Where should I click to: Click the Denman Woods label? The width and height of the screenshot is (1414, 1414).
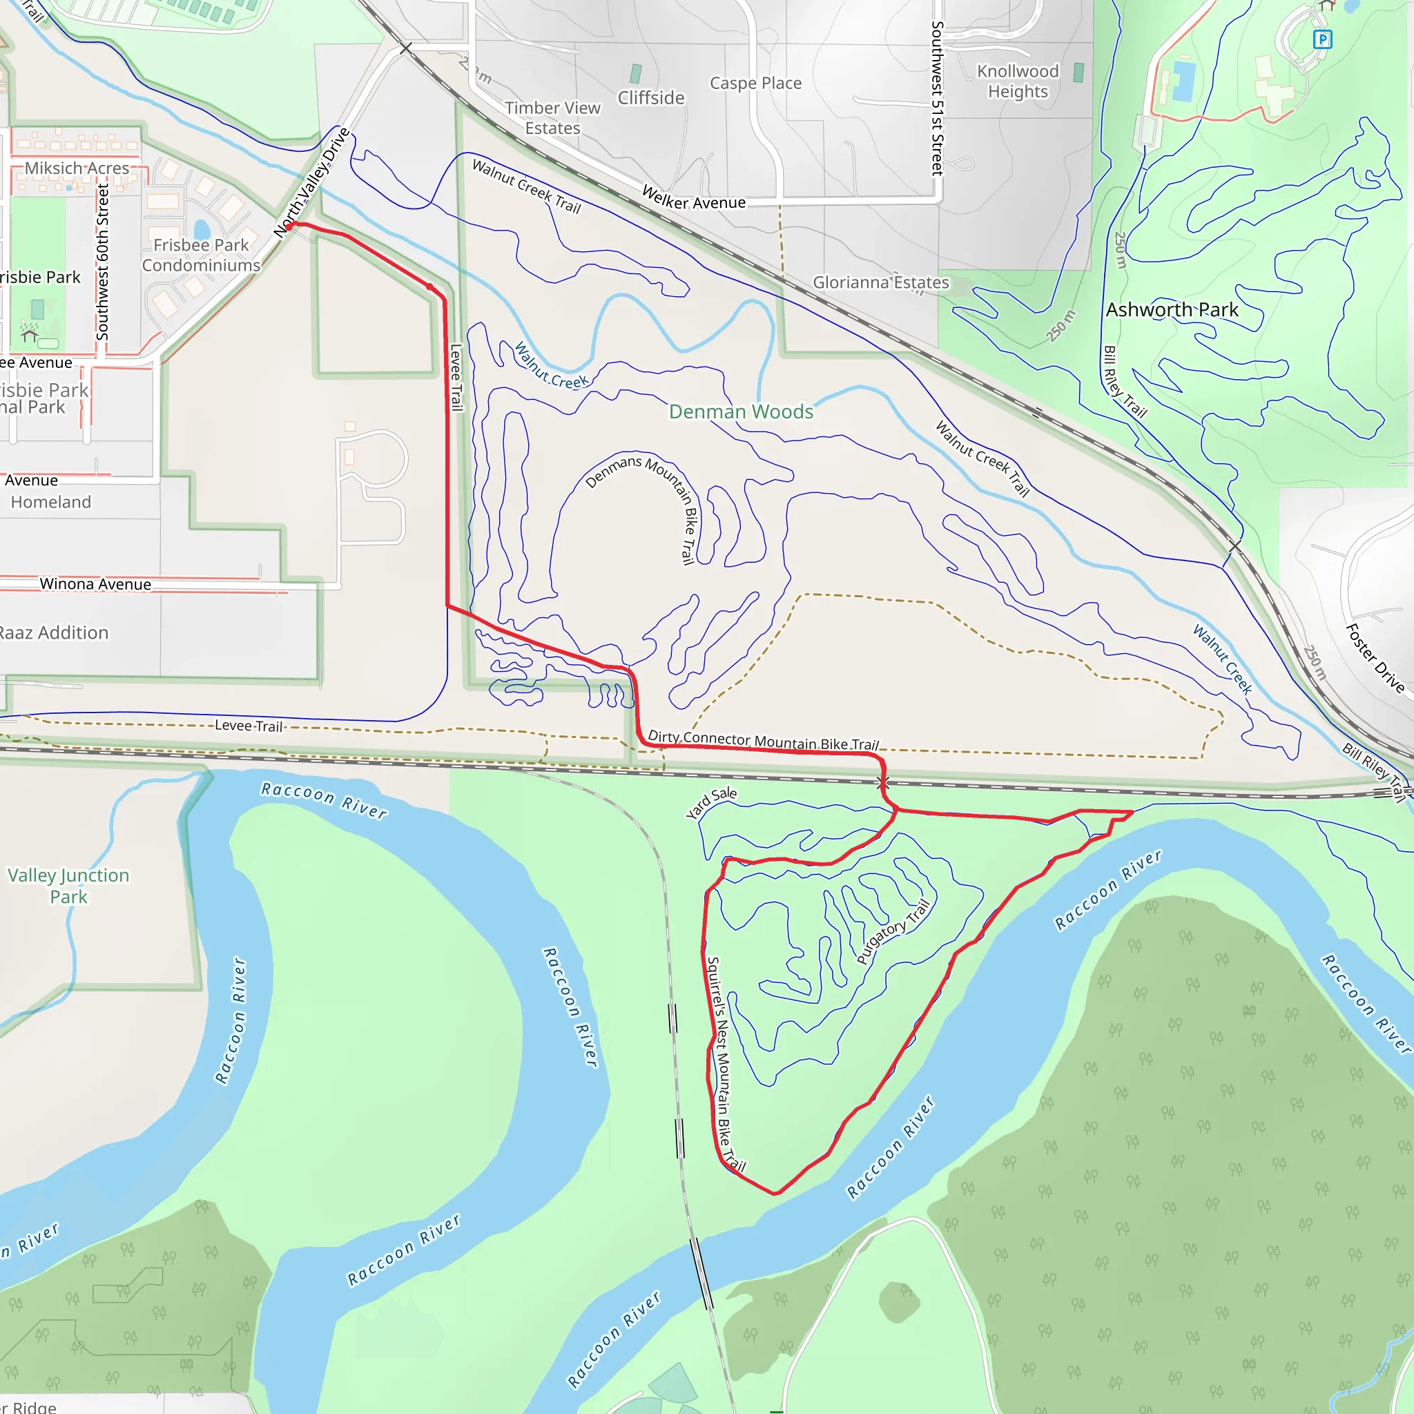[741, 412]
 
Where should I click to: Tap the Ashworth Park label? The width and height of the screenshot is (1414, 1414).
[1172, 309]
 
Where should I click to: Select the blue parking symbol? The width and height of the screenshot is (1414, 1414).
[1321, 39]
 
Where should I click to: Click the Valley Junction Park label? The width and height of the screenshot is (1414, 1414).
[68, 886]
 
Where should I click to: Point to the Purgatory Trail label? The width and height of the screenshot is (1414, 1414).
[893, 931]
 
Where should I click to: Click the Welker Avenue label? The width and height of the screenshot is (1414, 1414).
[693, 197]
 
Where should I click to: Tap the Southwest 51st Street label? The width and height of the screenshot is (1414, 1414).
[937, 98]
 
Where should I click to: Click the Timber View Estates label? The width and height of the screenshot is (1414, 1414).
[552, 118]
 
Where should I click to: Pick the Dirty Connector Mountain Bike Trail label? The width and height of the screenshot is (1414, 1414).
[763, 740]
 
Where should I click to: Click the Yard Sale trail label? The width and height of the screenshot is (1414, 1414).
[711, 803]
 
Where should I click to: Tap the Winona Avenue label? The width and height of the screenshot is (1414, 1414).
[95, 584]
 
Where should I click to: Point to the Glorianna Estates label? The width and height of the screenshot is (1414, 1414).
[880, 282]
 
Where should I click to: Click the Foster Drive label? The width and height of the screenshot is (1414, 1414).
[1375, 658]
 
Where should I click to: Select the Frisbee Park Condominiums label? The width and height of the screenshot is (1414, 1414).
[202, 255]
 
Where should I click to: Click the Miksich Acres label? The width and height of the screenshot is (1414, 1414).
[77, 168]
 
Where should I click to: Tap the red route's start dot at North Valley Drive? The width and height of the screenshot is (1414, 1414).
[289, 227]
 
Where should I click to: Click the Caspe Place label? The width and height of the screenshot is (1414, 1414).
[755, 84]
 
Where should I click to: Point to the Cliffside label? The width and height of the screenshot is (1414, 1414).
[650, 98]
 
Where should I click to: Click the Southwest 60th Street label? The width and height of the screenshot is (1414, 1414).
[102, 261]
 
